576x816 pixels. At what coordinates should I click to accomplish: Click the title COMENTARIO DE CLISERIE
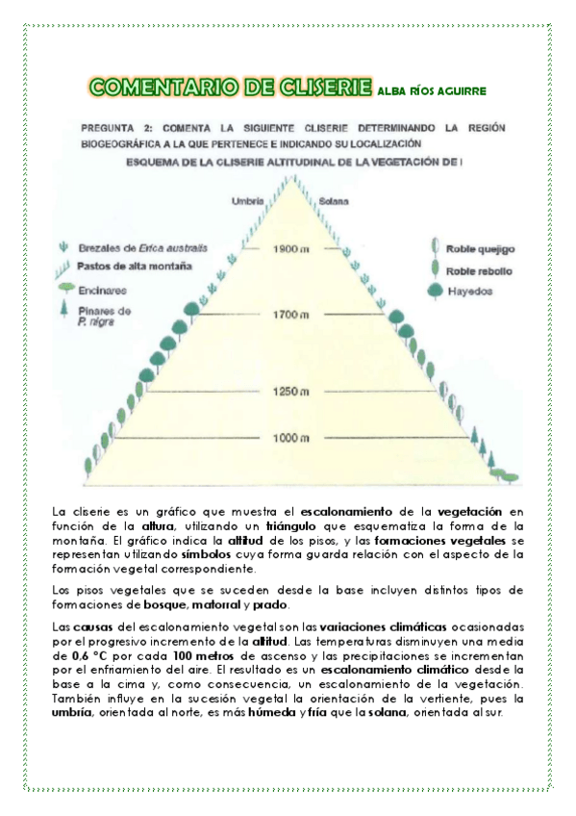click(229, 89)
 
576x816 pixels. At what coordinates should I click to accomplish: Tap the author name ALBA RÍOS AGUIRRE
click(433, 91)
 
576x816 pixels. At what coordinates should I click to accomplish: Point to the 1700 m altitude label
click(288, 315)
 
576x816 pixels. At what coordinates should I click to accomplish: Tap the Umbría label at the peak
click(249, 200)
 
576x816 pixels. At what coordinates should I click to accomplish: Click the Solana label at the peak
click(333, 200)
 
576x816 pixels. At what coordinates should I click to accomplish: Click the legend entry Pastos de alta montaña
click(134, 265)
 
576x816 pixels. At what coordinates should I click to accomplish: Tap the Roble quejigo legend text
click(481, 248)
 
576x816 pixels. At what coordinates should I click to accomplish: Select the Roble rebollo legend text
click(480, 271)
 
